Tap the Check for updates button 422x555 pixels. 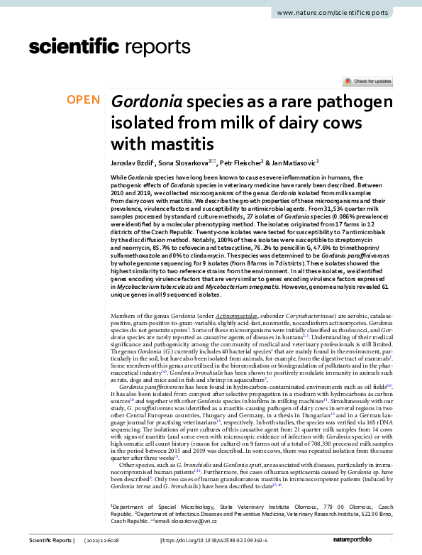tap(367, 82)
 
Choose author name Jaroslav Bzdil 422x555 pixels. tap(132, 163)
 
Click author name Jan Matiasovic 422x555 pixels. tap(294, 163)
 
